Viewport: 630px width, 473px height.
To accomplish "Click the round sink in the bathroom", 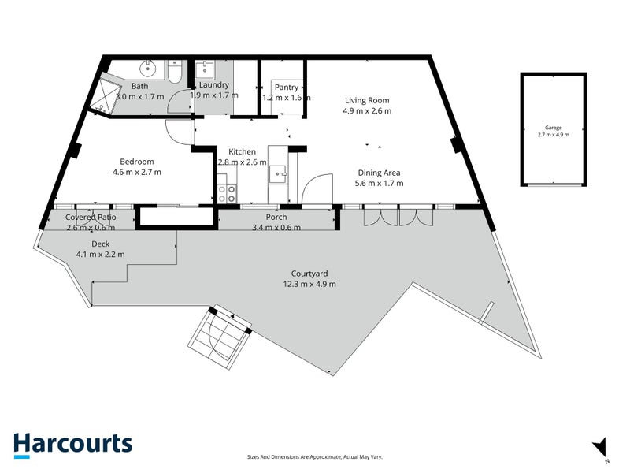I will tap(147, 69).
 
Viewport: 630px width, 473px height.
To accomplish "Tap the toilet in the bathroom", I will tap(176, 71).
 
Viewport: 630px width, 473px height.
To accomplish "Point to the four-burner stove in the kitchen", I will tap(227, 193).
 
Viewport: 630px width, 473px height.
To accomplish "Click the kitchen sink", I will tap(278, 173).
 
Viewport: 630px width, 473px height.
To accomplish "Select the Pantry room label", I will tap(286, 87).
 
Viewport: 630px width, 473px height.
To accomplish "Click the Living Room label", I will tap(367, 100).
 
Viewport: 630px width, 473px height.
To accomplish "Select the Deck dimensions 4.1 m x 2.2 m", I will tap(100, 254).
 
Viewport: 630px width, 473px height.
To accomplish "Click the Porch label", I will tap(276, 218).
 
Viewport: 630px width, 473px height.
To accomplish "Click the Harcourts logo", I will tap(72, 444).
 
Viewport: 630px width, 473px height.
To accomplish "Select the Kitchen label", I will tap(242, 151).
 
